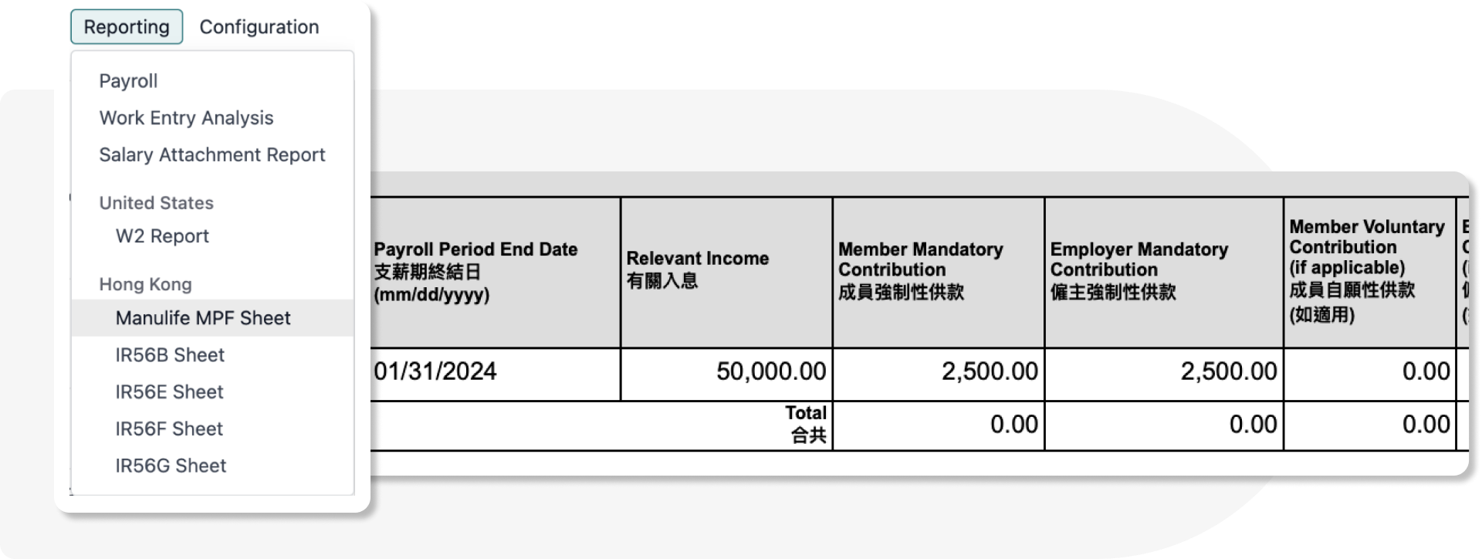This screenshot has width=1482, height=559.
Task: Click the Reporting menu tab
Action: (x=127, y=27)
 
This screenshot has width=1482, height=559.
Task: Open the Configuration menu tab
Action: (x=259, y=27)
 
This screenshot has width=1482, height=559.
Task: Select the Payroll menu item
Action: (x=128, y=81)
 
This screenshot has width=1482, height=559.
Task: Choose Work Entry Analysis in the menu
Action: (x=186, y=118)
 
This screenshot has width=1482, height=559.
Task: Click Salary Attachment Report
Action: (x=211, y=155)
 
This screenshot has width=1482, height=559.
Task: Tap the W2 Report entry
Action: (x=162, y=236)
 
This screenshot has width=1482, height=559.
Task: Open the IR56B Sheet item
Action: (x=170, y=355)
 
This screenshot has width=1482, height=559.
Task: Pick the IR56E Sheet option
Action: (x=169, y=392)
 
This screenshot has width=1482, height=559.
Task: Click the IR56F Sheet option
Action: (x=169, y=429)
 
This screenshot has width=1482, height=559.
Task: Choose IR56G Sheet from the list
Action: (x=171, y=466)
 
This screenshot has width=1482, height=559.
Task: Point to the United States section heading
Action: (x=156, y=203)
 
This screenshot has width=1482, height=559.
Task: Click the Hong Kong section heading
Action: (x=145, y=285)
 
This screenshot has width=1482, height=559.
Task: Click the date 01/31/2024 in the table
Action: (x=435, y=371)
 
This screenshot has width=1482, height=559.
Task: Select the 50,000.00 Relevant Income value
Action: (x=771, y=371)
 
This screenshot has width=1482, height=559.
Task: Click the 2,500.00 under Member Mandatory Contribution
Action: (x=989, y=371)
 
